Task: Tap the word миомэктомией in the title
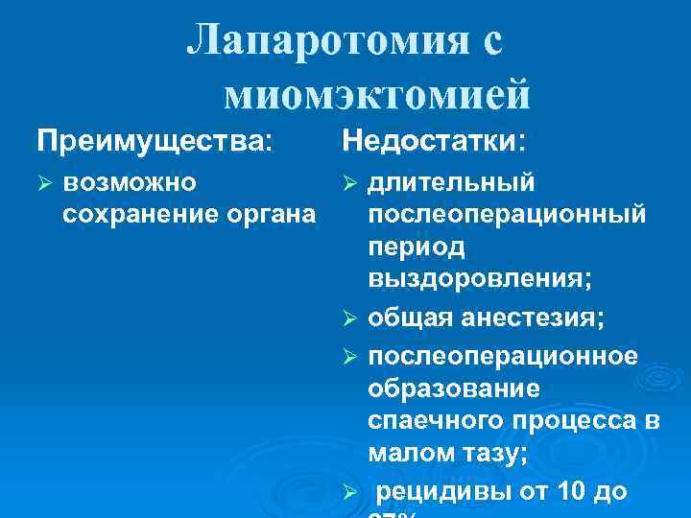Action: click(x=377, y=93)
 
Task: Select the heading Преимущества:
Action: click(x=154, y=142)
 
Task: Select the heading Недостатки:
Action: click(x=434, y=142)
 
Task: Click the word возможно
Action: click(x=130, y=182)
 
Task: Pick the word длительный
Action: click(x=451, y=182)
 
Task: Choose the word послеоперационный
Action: click(x=507, y=213)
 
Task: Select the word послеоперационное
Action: click(x=502, y=355)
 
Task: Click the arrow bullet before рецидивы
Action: click(x=350, y=492)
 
